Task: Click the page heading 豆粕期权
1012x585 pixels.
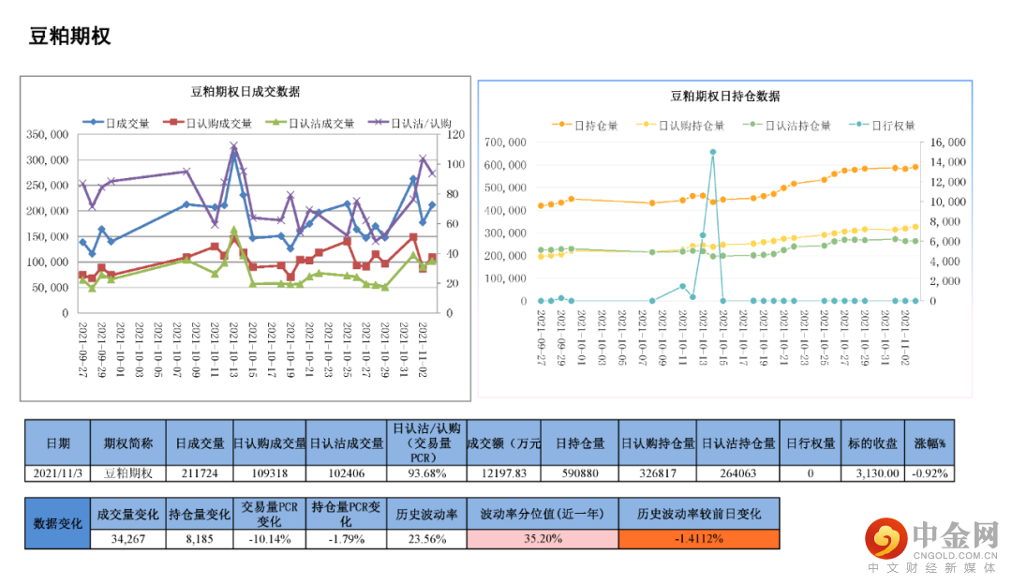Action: [70, 37]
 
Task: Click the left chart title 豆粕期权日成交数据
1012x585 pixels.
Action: [246, 92]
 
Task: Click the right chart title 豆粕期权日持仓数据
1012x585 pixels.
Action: [725, 96]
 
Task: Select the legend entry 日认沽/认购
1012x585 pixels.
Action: [421, 123]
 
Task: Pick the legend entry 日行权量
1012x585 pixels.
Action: [893, 125]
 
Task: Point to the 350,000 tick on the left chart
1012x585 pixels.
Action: [46, 134]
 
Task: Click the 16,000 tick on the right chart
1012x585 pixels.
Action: [947, 142]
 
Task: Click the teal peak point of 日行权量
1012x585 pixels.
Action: [713, 152]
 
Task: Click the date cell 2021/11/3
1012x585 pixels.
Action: [57, 473]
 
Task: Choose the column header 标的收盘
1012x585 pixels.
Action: [872, 443]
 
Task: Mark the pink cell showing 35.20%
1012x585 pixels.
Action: [542, 539]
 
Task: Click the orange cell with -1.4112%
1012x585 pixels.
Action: [698, 539]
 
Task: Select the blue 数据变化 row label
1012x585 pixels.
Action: [57, 524]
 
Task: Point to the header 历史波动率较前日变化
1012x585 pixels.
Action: [698, 514]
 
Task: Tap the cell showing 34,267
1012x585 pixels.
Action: [126, 539]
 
